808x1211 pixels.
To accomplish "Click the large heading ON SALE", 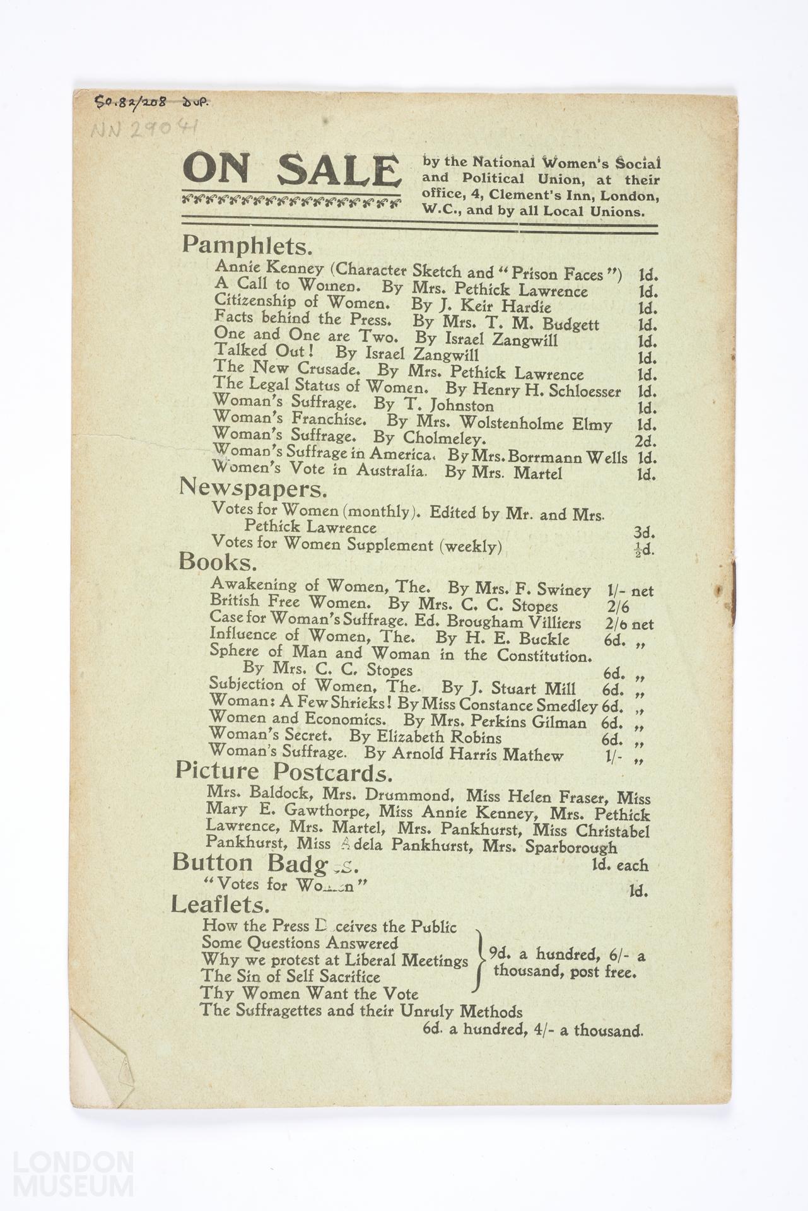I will (x=291, y=170).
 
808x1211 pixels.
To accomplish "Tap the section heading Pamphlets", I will (x=247, y=245).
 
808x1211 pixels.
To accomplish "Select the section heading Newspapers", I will (x=253, y=488).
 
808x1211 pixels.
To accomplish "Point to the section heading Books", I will (x=218, y=561).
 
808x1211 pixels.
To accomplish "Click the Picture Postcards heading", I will (x=283, y=771).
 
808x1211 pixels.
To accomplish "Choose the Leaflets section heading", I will (x=220, y=905).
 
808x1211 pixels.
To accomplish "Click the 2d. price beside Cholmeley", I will (x=645, y=441).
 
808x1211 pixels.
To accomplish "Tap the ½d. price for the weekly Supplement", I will (x=644, y=549).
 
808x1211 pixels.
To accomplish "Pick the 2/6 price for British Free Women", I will (x=618, y=607).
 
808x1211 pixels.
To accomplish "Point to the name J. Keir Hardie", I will (x=502, y=307).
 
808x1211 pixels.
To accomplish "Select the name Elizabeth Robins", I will (x=439, y=737).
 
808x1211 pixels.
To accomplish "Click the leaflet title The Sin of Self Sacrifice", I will (x=291, y=976).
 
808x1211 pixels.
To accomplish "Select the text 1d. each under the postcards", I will (x=619, y=865).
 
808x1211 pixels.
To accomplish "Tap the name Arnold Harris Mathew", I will (x=477, y=754).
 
